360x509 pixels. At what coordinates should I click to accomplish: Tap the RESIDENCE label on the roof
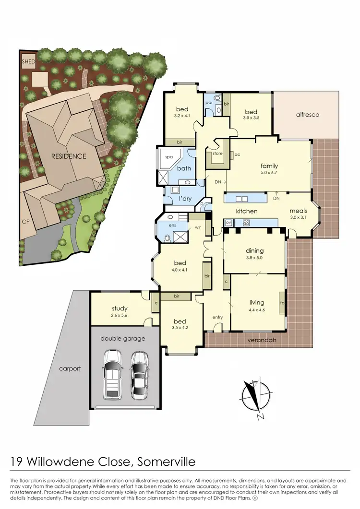(70, 156)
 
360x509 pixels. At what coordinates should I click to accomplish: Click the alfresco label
(307, 115)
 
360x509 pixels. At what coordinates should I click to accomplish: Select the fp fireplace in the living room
(282, 303)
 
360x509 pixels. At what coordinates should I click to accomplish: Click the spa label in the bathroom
(169, 157)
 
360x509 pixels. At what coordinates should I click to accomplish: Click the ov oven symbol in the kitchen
(229, 222)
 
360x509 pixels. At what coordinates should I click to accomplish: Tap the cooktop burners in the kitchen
(246, 222)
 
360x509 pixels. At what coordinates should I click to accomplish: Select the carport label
(70, 369)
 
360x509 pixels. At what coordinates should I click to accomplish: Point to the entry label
(217, 317)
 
